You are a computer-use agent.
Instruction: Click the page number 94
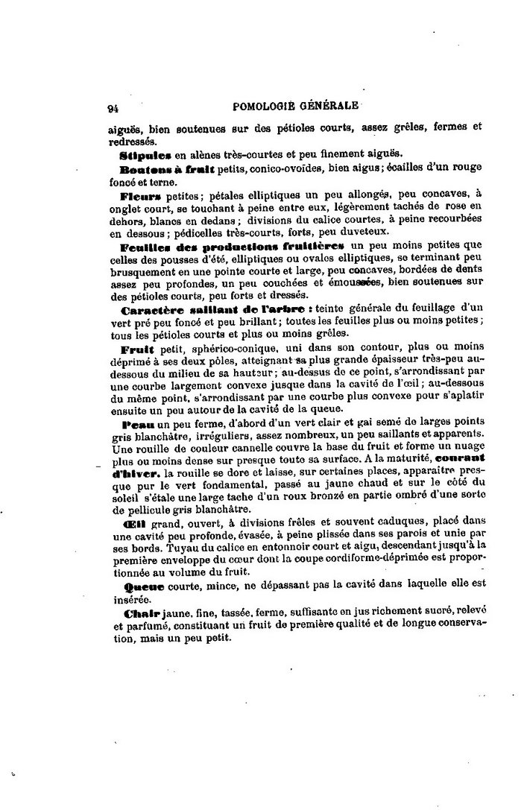point(113,107)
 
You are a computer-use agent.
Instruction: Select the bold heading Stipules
point(146,156)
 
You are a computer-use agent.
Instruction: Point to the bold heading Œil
point(131,526)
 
